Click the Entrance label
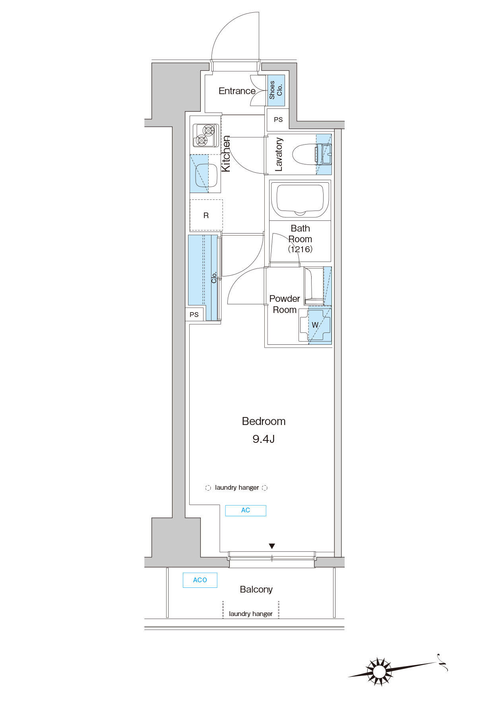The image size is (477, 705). click(x=237, y=91)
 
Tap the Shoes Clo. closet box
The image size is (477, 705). click(x=276, y=91)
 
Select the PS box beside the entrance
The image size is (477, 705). click(x=278, y=120)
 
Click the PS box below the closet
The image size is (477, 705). click(x=194, y=315)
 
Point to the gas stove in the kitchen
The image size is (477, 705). click(x=206, y=135)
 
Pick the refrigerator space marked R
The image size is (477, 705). click(x=206, y=215)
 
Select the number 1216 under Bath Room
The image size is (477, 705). click(x=301, y=249)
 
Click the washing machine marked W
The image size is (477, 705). click(x=315, y=325)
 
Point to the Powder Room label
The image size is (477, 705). click(x=285, y=304)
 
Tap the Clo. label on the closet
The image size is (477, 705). click(x=214, y=277)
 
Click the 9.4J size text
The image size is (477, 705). click(x=264, y=439)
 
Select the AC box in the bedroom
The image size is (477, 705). click(x=246, y=510)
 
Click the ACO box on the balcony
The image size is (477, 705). click(x=200, y=580)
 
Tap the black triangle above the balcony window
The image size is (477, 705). click(x=272, y=546)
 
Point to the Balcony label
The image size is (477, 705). click(x=256, y=589)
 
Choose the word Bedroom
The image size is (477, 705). click(x=264, y=421)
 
